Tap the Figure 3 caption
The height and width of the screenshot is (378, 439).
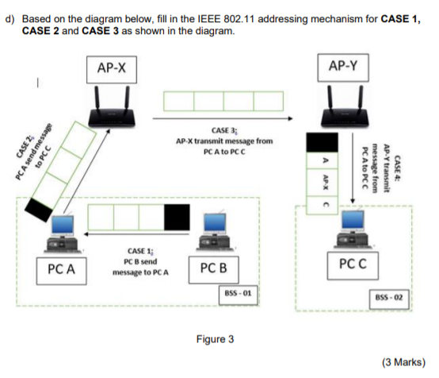coord(215,339)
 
